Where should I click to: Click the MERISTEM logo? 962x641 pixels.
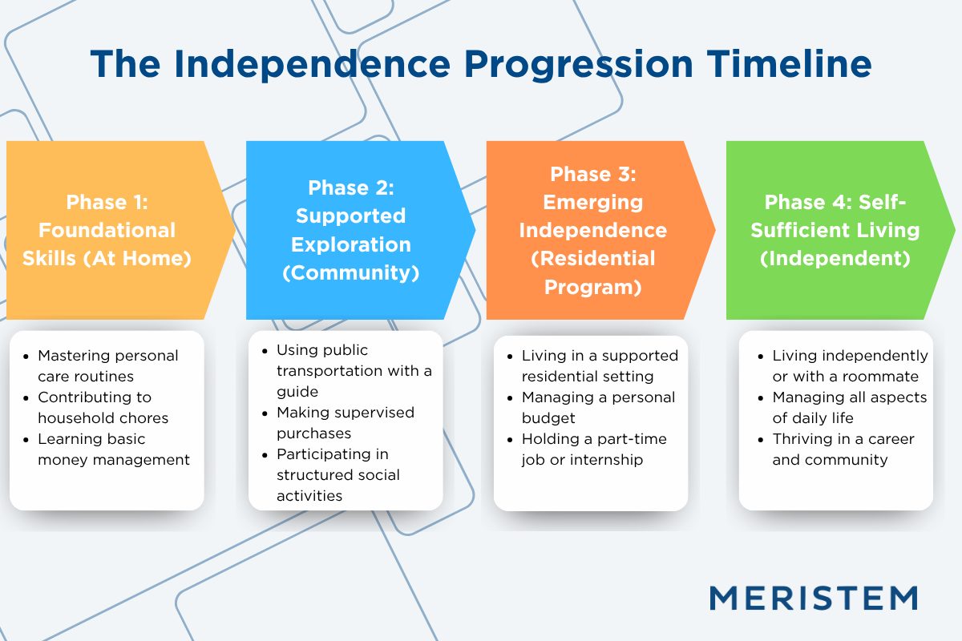coord(814,598)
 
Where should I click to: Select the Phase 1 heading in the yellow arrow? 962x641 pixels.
coord(107,201)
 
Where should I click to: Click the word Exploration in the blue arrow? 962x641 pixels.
coord(351,244)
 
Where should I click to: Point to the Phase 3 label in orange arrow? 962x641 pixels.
coord(592,174)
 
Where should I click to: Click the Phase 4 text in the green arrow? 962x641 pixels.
coord(835,201)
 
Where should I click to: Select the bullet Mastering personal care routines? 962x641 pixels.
coord(107,365)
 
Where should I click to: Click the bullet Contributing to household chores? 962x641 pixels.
coord(103,407)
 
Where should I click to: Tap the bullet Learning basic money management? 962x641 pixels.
coord(113,449)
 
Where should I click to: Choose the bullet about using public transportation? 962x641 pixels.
coord(354,370)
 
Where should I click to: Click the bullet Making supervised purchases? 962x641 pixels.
coord(345,422)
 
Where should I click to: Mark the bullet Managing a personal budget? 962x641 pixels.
coord(598,407)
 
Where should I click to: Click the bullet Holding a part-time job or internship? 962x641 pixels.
coord(593,449)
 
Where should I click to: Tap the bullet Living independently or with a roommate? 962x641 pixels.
coord(849,365)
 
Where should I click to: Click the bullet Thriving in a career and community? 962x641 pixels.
coord(842,449)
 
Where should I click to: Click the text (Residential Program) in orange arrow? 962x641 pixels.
coord(592,272)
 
